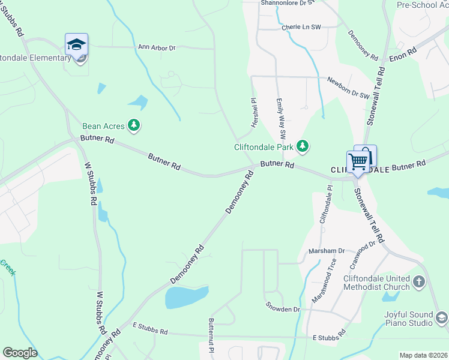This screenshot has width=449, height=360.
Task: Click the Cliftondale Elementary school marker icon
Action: coord(76,45)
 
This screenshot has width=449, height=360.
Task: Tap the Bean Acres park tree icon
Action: coord(136,125)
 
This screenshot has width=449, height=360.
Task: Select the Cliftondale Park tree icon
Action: coord(303,146)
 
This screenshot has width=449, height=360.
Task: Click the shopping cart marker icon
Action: coord(358,161)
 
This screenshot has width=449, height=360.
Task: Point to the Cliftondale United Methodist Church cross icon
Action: coord(419,281)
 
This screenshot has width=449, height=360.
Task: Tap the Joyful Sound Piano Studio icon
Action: coord(441,317)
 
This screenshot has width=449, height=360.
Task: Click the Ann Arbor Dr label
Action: coord(156,47)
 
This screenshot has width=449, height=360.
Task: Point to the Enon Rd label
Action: coord(402,53)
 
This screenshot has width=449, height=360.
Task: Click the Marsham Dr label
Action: coord(326,250)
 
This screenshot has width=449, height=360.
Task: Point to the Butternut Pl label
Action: coord(211,335)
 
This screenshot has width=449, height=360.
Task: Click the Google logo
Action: coord(20,353)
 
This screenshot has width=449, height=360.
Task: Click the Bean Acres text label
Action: coord(103,126)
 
